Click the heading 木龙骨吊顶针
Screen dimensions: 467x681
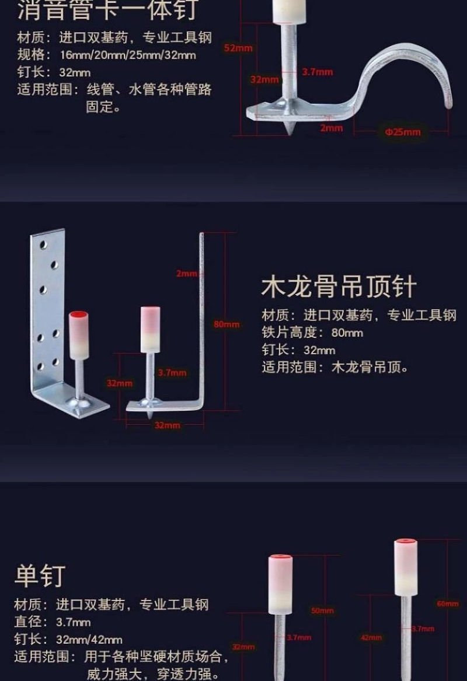[339, 287]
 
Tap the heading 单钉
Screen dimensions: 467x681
[39, 575]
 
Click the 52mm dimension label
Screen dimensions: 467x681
[238, 48]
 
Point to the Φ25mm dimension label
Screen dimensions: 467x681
[402, 132]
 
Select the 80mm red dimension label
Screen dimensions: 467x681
[226, 324]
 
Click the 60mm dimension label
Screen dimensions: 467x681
[448, 603]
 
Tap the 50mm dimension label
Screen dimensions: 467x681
[322, 610]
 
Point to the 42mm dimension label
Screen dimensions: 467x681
[371, 637]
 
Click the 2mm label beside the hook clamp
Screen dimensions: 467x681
[331, 128]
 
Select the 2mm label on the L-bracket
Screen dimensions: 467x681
[187, 273]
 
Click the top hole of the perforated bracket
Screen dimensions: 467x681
[43, 245]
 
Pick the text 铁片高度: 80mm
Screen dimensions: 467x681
[312, 333]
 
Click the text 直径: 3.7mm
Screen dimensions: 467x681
[53, 622]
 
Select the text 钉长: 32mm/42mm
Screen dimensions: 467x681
[68, 639]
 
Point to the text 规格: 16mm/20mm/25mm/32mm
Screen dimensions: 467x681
[106, 55]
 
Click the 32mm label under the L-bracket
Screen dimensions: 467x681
[167, 425]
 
